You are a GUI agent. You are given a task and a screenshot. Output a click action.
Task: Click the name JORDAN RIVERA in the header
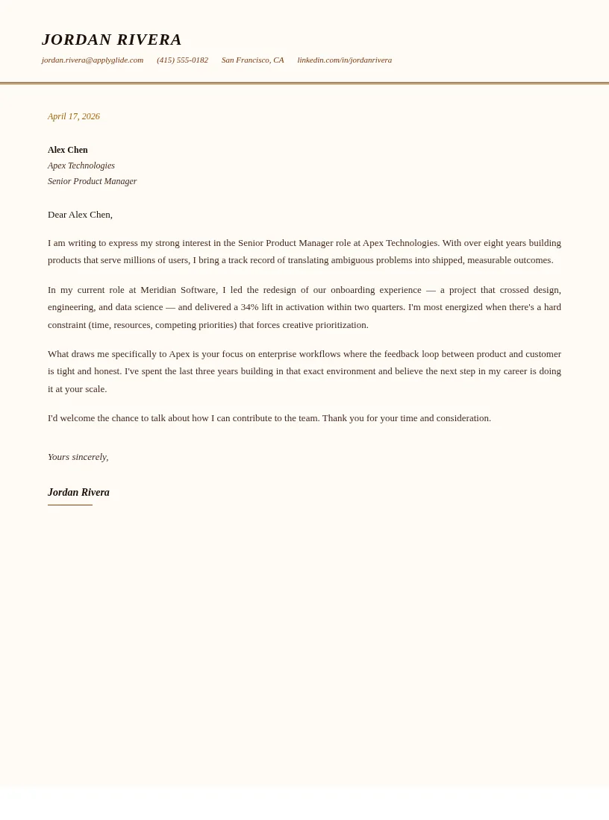tap(112, 40)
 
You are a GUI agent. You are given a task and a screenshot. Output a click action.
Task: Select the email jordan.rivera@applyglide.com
tap(93, 60)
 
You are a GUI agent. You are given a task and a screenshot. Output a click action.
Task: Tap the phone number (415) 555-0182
tap(182, 60)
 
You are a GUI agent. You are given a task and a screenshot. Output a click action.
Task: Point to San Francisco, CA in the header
tap(252, 60)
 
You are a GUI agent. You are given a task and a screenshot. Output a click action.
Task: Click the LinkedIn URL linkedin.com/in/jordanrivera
tap(344, 60)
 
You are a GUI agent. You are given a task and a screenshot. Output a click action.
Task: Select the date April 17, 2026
tap(74, 116)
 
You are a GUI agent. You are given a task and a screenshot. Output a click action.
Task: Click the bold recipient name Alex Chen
tap(68, 150)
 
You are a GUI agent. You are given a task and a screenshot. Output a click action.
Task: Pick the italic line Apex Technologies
tap(81, 165)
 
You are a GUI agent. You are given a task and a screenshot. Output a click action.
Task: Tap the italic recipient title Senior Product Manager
tap(93, 181)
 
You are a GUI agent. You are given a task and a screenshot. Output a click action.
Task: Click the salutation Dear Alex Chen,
tap(80, 215)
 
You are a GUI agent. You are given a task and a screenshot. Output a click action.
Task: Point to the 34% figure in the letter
tap(249, 307)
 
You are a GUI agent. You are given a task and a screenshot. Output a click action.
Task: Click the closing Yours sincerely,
tap(78, 457)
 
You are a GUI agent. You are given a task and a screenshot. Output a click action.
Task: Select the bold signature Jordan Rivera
tap(78, 493)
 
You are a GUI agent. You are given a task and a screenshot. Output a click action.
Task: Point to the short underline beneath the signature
tap(70, 505)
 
